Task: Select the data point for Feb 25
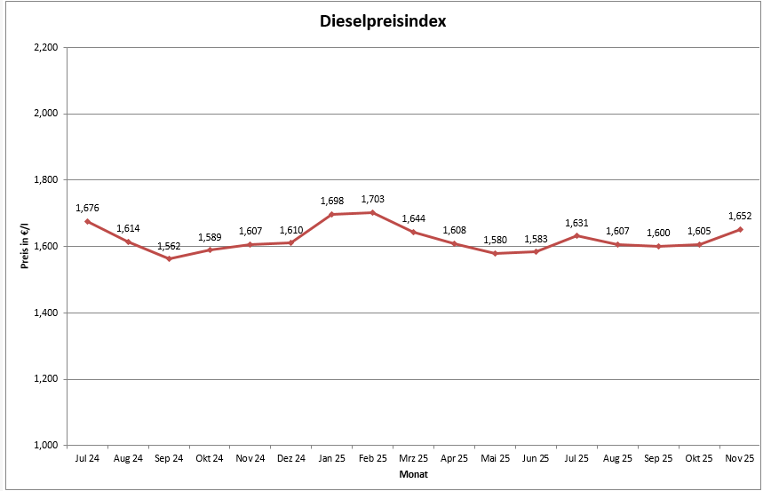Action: coord(372,212)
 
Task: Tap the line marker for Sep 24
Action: coord(169,258)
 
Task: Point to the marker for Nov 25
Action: coord(740,229)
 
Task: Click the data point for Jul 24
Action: coord(87,221)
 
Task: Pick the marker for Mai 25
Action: coord(495,253)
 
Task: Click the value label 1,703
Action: coord(372,199)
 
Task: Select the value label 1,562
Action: coord(169,245)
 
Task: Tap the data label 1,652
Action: coord(740,216)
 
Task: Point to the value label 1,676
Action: coord(87,208)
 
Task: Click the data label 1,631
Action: coord(576,223)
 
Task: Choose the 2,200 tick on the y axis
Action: coord(44,47)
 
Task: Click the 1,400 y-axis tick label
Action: coord(44,313)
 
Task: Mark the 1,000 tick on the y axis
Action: coord(44,445)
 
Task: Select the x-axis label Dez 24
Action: coord(291,459)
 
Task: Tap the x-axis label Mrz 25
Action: coord(413,459)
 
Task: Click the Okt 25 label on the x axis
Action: coord(699,459)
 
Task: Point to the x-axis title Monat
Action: coord(412,476)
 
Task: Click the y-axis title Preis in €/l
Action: coord(25,246)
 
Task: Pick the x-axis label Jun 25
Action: coord(536,459)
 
